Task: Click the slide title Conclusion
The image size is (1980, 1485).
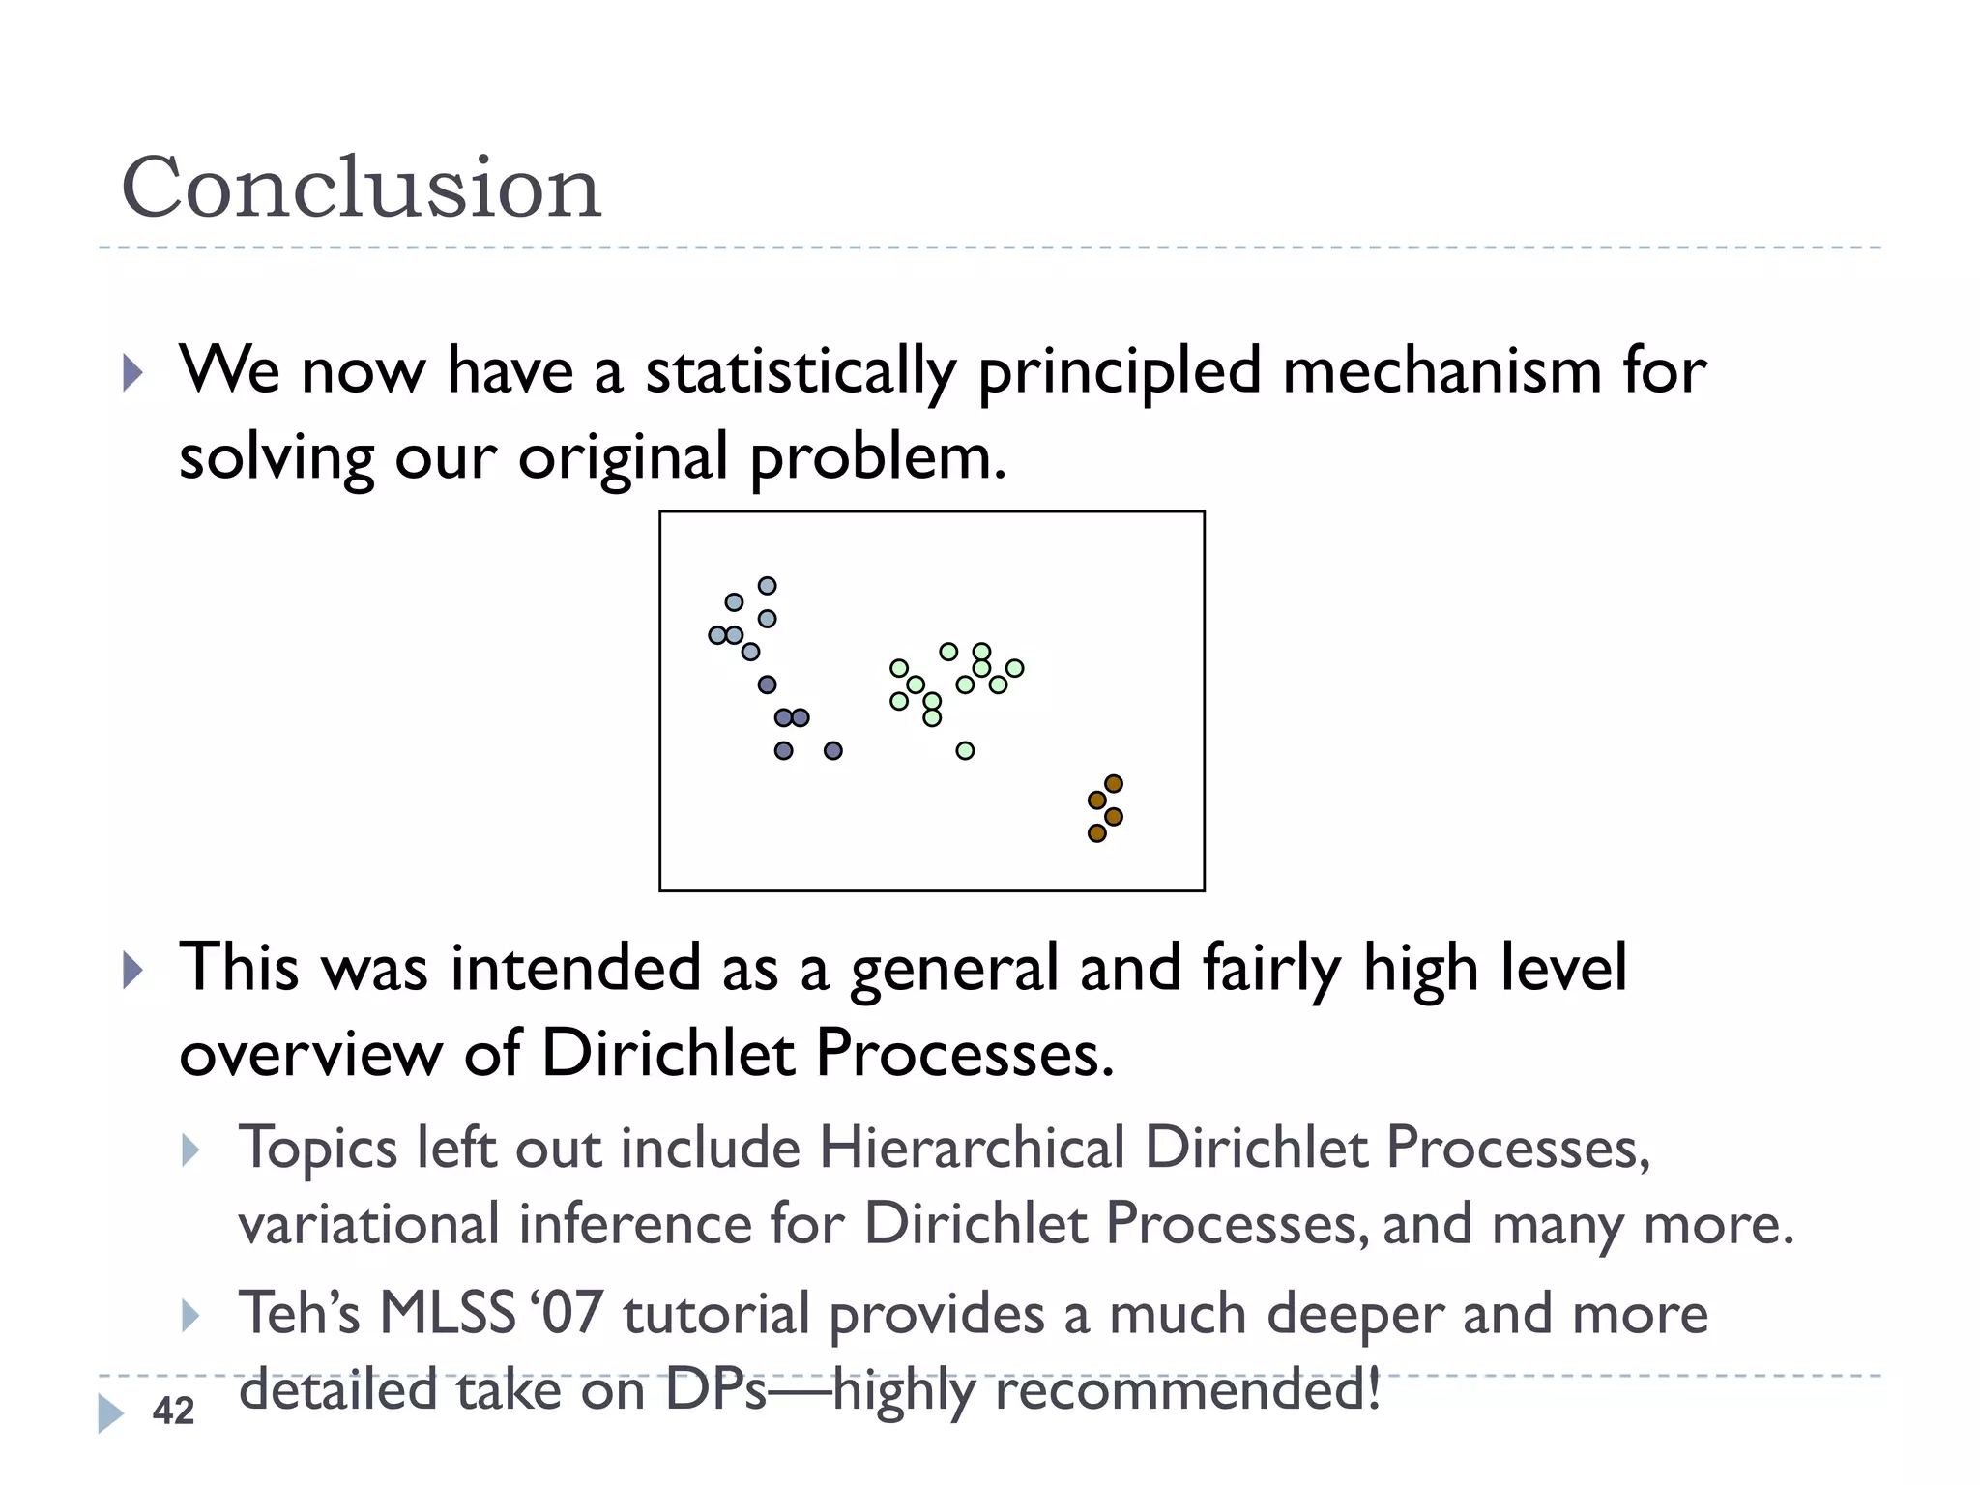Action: tap(361, 188)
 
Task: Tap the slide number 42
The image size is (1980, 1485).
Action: tap(174, 1411)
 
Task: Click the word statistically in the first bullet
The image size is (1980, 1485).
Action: tap(801, 372)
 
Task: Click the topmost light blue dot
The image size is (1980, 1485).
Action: tap(767, 586)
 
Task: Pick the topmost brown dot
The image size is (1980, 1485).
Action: tap(1113, 783)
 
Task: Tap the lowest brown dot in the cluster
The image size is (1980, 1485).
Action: tap(1096, 833)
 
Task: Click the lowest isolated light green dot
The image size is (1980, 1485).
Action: tap(965, 750)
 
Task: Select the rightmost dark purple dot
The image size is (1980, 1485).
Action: tap(832, 750)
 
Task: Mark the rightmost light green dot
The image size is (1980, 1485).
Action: tap(1014, 668)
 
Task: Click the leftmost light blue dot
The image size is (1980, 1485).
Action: tap(717, 635)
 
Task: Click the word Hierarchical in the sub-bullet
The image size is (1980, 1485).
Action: tap(972, 1149)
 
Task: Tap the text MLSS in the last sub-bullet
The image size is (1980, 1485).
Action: tap(447, 1314)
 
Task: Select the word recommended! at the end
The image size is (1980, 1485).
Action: tap(1187, 1391)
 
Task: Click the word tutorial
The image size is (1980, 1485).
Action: tap(716, 1314)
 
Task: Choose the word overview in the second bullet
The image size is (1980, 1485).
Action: tap(310, 1053)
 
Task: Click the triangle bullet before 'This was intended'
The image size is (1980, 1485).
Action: tap(133, 970)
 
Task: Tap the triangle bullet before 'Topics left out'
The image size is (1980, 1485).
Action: tap(190, 1150)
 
